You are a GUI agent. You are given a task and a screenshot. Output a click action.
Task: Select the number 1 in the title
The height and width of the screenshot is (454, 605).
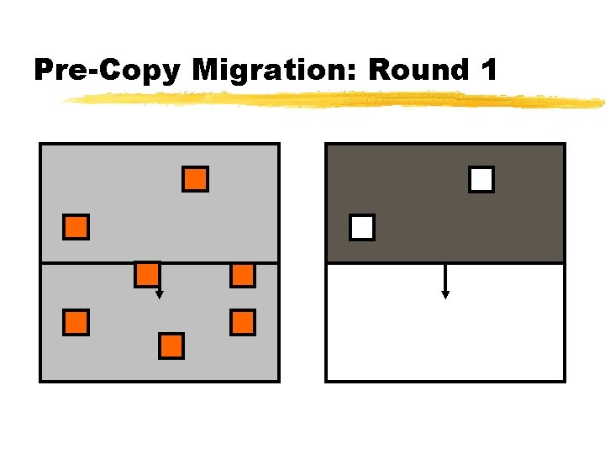(488, 71)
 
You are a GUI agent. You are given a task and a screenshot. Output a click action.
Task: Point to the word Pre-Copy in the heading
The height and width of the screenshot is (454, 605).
(107, 71)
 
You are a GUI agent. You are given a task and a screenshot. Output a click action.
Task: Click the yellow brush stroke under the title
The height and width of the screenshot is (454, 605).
(336, 100)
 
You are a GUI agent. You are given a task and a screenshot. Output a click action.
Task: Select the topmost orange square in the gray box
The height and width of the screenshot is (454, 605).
(195, 179)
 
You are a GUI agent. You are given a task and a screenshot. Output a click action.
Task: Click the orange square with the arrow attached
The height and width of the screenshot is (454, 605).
(148, 274)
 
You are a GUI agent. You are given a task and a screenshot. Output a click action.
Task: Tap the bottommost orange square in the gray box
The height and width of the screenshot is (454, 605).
(171, 346)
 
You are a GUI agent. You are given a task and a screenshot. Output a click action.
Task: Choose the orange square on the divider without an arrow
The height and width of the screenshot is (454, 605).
(243, 274)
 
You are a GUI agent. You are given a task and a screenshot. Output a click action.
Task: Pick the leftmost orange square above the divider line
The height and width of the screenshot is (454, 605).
(76, 227)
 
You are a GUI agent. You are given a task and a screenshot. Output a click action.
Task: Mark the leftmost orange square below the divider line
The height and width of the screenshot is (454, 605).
(76, 322)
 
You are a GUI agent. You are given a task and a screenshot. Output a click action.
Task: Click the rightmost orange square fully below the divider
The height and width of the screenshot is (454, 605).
(243, 322)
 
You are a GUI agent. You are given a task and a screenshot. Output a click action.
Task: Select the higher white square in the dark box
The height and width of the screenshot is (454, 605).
(481, 179)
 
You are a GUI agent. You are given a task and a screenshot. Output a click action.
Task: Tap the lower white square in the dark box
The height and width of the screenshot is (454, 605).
(362, 227)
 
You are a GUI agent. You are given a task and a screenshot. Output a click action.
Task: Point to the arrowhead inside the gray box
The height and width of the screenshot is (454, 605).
(160, 295)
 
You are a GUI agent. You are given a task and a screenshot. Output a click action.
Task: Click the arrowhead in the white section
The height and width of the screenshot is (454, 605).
(445, 294)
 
